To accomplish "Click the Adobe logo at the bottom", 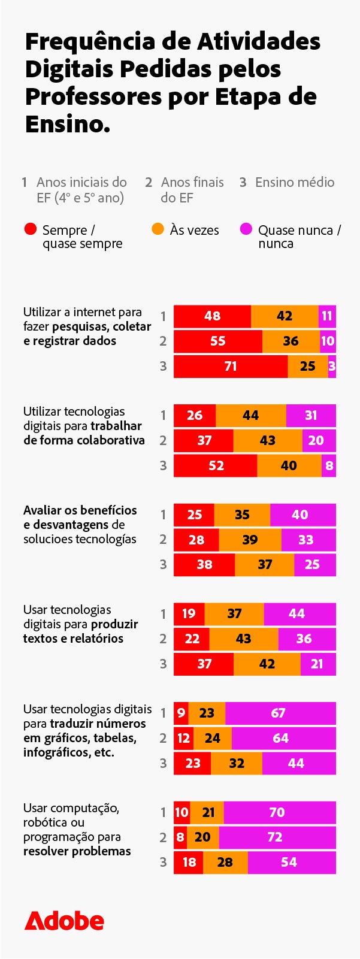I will [x=64, y=921].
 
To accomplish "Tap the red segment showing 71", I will [x=231, y=367].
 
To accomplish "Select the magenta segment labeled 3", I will [x=332, y=367].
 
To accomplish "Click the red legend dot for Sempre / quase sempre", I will [x=30, y=229].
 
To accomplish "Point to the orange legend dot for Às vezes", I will [x=158, y=229].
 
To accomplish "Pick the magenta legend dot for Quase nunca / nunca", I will [x=246, y=229].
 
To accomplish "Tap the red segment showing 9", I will [x=181, y=713].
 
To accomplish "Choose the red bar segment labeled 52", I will [x=216, y=466].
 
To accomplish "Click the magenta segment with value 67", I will [x=280, y=713].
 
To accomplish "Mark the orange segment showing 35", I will [x=242, y=515].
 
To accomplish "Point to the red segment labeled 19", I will [x=189, y=614].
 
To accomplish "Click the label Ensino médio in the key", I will [x=294, y=182].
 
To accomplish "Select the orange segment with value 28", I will [x=225, y=863].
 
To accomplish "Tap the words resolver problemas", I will [x=77, y=851].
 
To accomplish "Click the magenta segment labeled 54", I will [x=291, y=863].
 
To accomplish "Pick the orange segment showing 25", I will [x=307, y=367].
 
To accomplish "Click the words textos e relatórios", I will [x=73, y=639].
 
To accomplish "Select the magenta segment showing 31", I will [x=311, y=416].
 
